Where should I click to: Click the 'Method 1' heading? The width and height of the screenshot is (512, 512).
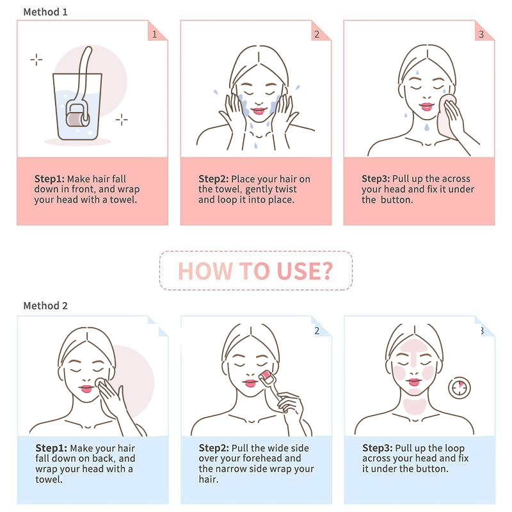pyautogui.click(x=45, y=12)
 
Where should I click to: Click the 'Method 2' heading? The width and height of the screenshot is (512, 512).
pyautogui.click(x=45, y=306)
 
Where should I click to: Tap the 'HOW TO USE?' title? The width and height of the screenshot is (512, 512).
pyautogui.click(x=255, y=271)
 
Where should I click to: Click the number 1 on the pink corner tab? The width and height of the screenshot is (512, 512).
pyautogui.click(x=155, y=35)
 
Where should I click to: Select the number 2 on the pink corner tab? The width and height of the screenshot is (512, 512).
pyautogui.click(x=317, y=35)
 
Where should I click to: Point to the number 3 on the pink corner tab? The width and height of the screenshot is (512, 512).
pyautogui.click(x=481, y=35)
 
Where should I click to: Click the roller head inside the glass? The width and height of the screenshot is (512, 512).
pyautogui.click(x=77, y=118)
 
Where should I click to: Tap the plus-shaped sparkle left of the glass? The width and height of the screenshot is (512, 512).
pyautogui.click(x=36, y=60)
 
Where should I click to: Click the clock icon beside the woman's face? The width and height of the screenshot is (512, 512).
pyautogui.click(x=460, y=388)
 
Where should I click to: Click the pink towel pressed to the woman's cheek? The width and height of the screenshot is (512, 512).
pyautogui.click(x=447, y=115)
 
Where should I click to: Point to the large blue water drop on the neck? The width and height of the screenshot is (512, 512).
pyautogui.click(x=427, y=127)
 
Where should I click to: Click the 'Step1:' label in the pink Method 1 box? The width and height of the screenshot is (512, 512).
pyautogui.click(x=50, y=179)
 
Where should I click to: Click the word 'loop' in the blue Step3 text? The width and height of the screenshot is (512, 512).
pyautogui.click(x=452, y=449)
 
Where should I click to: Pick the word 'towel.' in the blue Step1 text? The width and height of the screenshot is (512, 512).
pyautogui.click(x=49, y=479)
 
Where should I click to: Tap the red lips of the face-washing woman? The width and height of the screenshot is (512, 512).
pyautogui.click(x=259, y=111)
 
